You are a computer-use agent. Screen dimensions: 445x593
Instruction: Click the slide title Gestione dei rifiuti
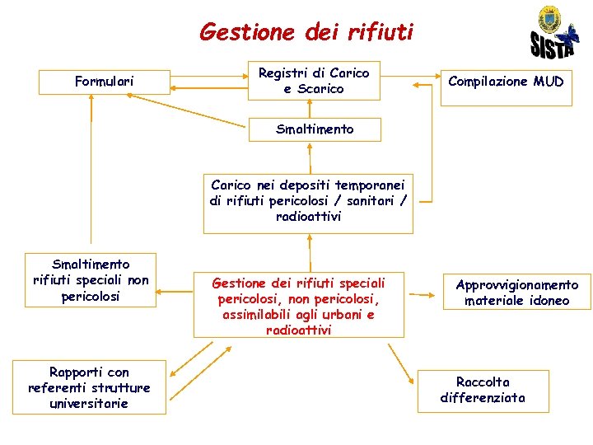tap(306, 32)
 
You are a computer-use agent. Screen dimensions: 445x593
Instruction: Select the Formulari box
tap(105, 81)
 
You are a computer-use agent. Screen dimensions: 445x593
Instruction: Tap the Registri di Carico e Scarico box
tap(314, 81)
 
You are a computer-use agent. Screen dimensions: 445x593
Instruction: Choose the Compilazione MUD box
tap(506, 81)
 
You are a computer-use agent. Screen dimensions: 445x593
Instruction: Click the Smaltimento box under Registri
tap(315, 129)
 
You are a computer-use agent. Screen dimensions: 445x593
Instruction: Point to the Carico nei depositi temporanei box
tap(308, 201)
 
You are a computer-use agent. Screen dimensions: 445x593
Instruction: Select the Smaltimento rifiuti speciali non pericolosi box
tap(91, 280)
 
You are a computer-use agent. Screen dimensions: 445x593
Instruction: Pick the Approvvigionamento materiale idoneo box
tap(517, 293)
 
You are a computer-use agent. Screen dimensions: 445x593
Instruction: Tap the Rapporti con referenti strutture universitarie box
tap(89, 387)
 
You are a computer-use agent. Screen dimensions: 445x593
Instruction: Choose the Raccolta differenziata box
tap(483, 390)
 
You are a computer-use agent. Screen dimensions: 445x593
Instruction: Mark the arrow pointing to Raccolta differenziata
tap(401, 362)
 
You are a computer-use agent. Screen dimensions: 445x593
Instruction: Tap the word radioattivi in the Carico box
tap(309, 217)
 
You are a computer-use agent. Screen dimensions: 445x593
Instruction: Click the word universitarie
tap(89, 403)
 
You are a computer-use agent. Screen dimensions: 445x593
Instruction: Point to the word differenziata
tap(483, 398)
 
